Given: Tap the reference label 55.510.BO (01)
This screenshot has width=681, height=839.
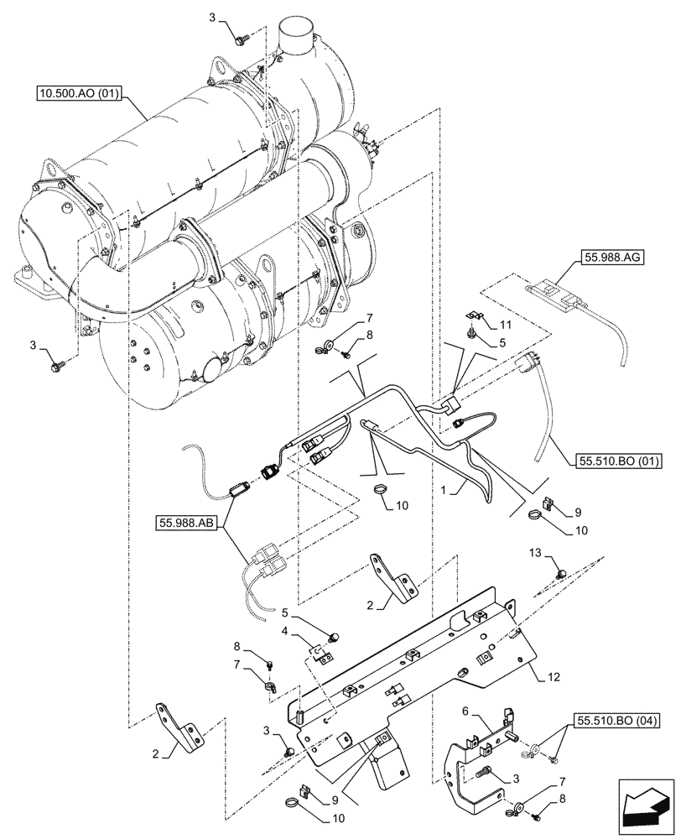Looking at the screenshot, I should pos(619,461).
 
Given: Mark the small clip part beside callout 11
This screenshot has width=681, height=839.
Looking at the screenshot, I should pos(474,317).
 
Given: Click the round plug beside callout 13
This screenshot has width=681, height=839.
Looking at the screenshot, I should pos(561,573).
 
